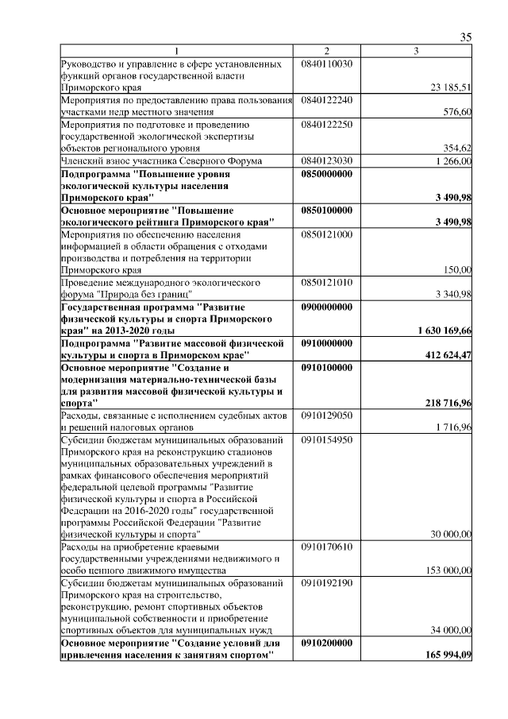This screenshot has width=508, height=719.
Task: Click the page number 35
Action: (x=466, y=37)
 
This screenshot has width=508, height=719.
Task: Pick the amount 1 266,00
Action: (x=453, y=160)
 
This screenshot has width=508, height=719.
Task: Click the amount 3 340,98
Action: (x=453, y=294)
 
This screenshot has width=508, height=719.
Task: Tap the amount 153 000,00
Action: (x=450, y=570)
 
